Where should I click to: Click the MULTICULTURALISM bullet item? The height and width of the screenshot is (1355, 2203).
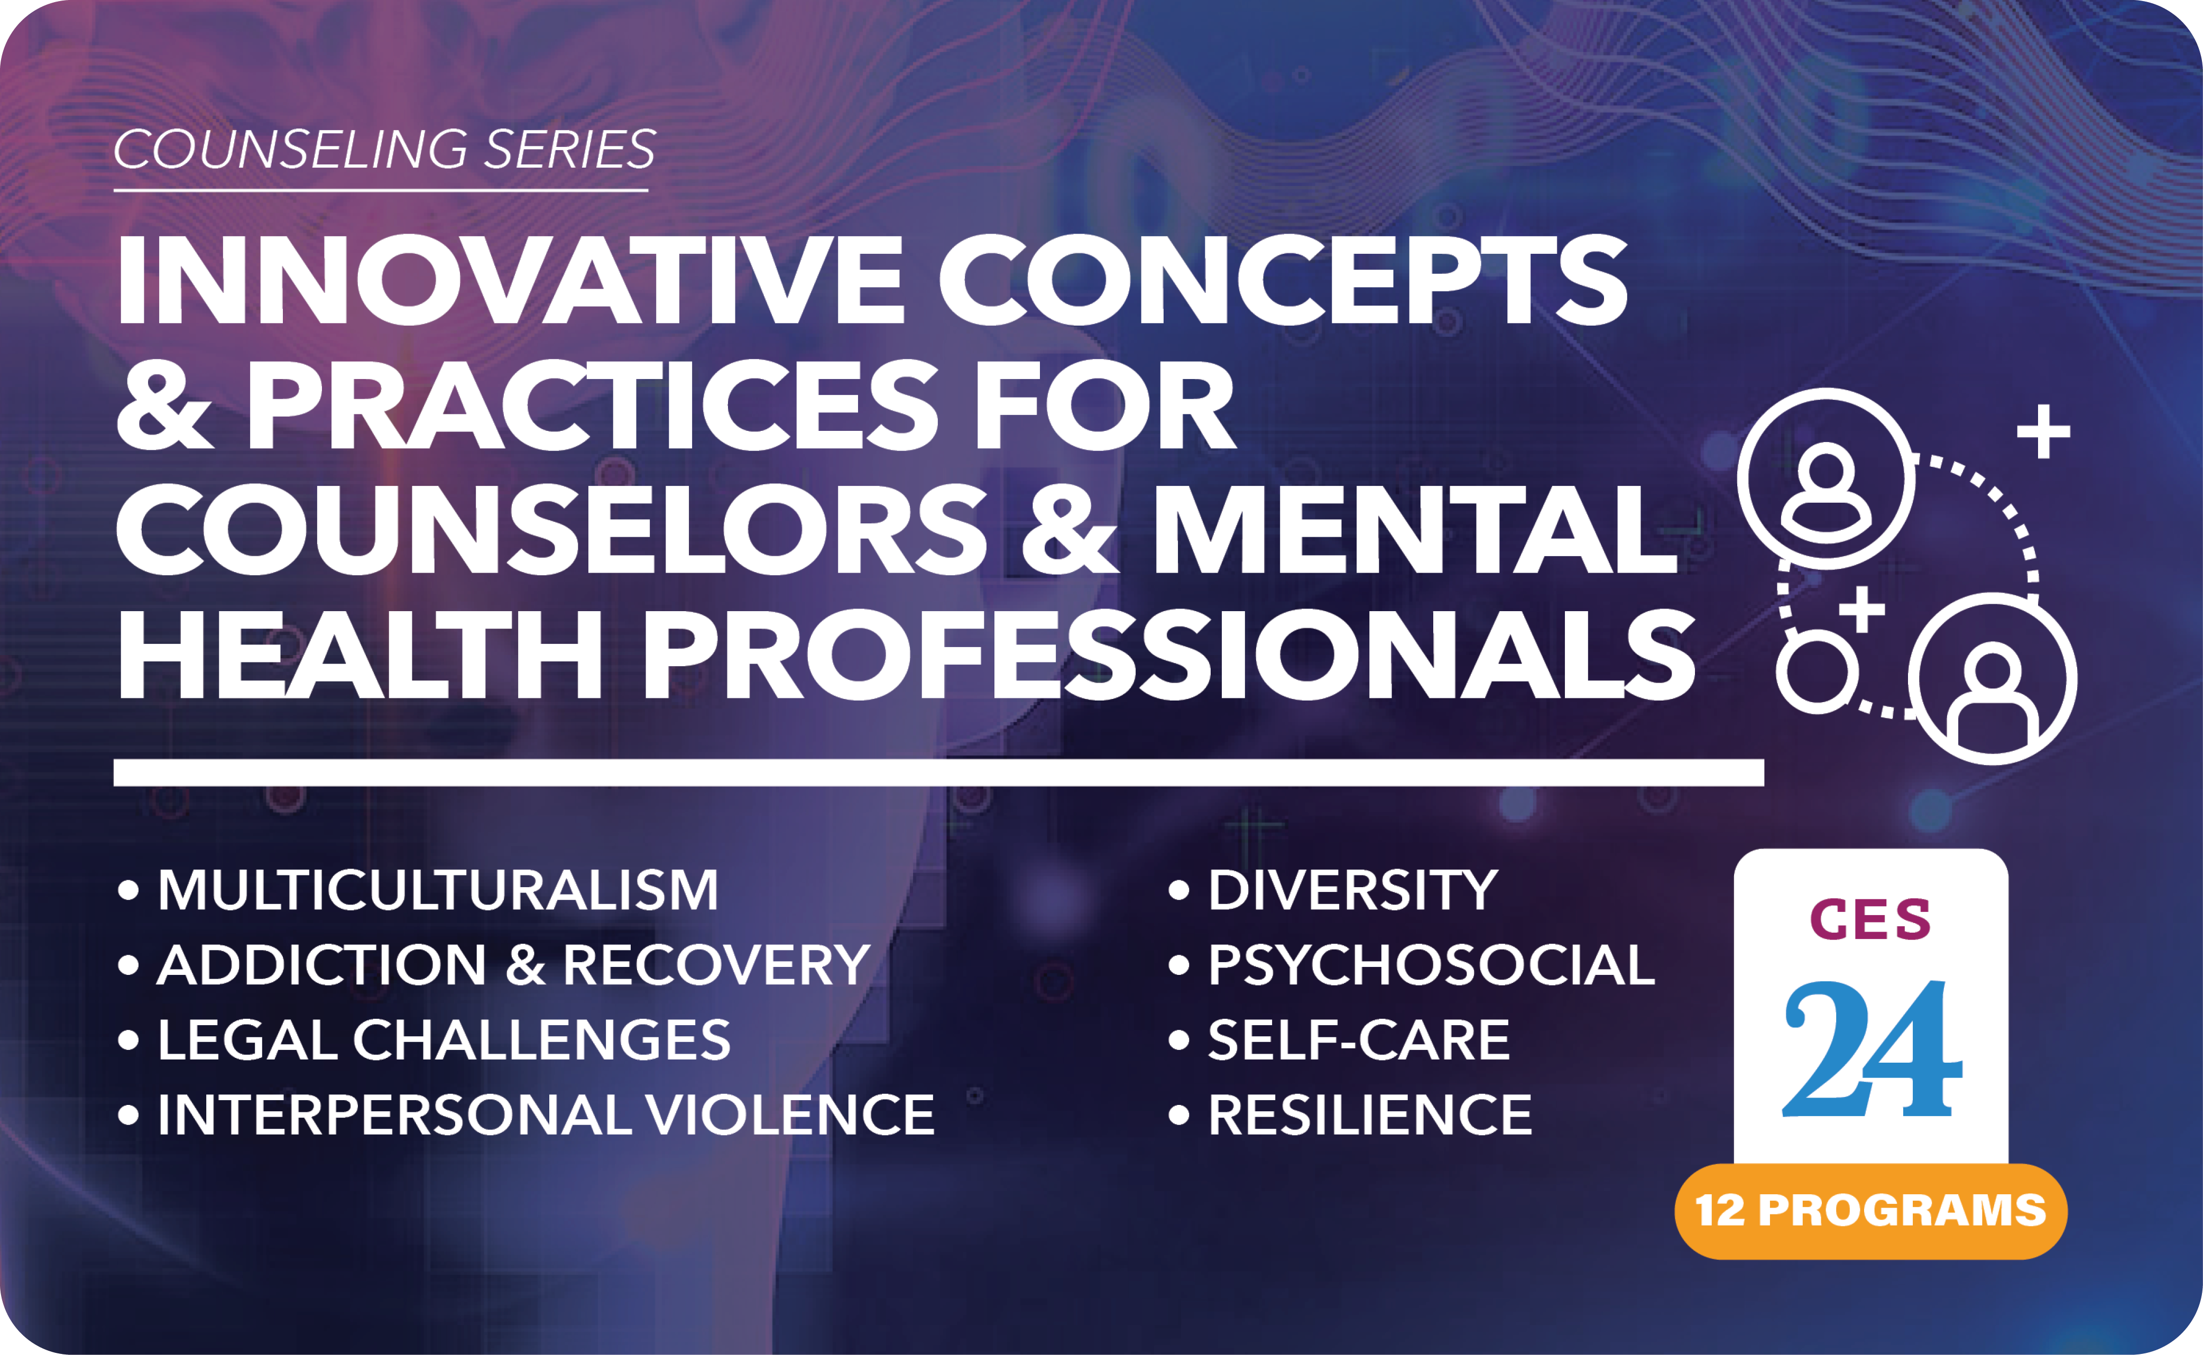(418, 891)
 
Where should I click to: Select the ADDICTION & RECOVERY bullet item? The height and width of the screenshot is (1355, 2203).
(494, 965)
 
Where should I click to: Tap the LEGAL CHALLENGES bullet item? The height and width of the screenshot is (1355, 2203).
(424, 1040)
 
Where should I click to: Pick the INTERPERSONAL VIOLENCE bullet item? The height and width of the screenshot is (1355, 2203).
(526, 1115)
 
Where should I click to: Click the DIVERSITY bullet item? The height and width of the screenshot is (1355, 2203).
(1333, 891)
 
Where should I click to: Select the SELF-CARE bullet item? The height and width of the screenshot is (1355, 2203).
(1339, 1040)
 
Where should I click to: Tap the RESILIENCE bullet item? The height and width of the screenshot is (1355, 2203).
(1350, 1115)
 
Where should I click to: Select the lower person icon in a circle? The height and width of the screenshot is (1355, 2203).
(1993, 678)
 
